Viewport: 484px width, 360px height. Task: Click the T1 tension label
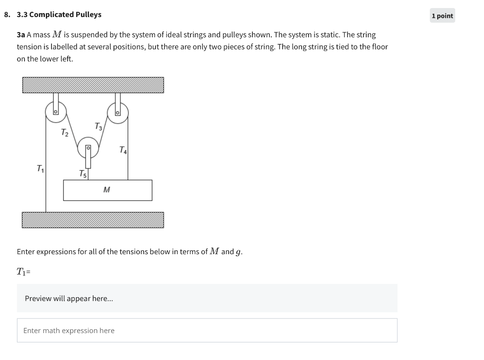pyautogui.click(x=40, y=168)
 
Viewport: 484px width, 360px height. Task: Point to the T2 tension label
pyautogui.click(x=65, y=133)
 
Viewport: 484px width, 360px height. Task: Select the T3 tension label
pyautogui.click(x=98, y=126)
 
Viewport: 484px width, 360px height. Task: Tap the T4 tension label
pyautogui.click(x=123, y=150)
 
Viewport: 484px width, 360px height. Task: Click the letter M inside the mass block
pyautogui.click(x=107, y=190)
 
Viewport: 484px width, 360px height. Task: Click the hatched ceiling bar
pyautogui.click(x=93, y=85)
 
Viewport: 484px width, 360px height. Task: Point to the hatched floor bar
pyautogui.click(x=93, y=220)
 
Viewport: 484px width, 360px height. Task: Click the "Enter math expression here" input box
pyautogui.click(x=207, y=331)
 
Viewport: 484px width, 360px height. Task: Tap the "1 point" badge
pyautogui.click(x=442, y=16)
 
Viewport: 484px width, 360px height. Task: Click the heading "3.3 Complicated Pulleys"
pyautogui.click(x=59, y=15)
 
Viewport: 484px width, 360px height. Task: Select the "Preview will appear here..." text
pyautogui.click(x=69, y=299)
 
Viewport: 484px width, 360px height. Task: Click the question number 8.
pyautogui.click(x=6, y=15)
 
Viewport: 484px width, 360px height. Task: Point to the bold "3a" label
pyautogui.click(x=21, y=35)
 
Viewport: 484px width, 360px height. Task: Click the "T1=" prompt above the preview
pyautogui.click(x=23, y=272)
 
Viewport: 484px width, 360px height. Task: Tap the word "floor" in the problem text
pyautogui.click(x=378, y=47)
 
